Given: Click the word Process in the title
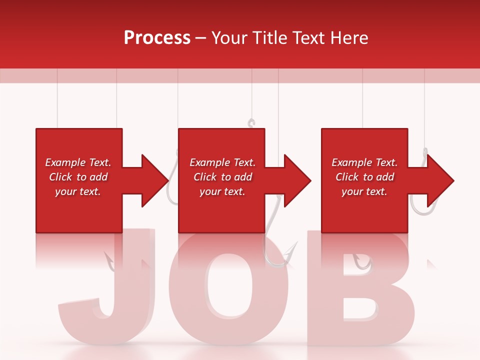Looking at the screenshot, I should (157, 38).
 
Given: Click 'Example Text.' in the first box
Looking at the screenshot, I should (78, 162).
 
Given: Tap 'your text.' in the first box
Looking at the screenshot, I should (78, 191).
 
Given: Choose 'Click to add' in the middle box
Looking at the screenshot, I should (222, 177).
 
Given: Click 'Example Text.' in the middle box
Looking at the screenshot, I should (222, 162).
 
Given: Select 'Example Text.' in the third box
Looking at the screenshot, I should (364, 162).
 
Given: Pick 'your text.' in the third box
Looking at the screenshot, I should (364, 191).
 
